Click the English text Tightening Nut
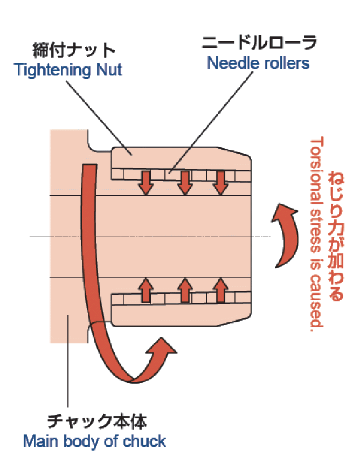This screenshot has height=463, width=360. click(x=68, y=70)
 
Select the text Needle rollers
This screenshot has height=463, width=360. click(x=259, y=63)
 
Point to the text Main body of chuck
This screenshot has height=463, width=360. click(x=94, y=441)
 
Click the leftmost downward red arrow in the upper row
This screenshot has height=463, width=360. click(x=145, y=182)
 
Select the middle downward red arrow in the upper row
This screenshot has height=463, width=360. click(x=185, y=182)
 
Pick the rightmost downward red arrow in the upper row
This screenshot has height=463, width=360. click(x=219, y=182)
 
